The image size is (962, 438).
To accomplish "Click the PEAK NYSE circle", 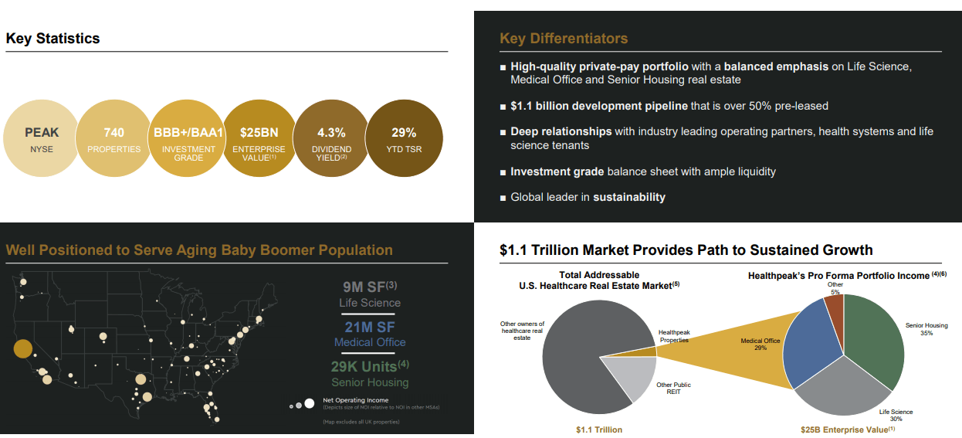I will (x=42, y=139).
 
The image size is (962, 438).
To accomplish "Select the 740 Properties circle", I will (x=113, y=139).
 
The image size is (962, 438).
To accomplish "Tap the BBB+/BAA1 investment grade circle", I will (x=188, y=139).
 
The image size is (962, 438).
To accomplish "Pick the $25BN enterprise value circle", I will (x=259, y=139).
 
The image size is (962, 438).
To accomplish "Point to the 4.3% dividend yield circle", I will (x=331, y=139).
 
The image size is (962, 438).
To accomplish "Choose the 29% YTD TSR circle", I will (x=404, y=139).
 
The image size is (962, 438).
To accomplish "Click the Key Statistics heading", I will (x=53, y=39).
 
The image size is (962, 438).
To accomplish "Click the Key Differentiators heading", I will (x=564, y=39).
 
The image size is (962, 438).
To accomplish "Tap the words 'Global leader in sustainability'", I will (x=588, y=197).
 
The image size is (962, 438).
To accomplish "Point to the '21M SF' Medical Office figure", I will (x=370, y=327).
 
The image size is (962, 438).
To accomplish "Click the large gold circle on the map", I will (x=24, y=348).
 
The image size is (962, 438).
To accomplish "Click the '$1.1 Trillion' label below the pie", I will (x=599, y=430).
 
